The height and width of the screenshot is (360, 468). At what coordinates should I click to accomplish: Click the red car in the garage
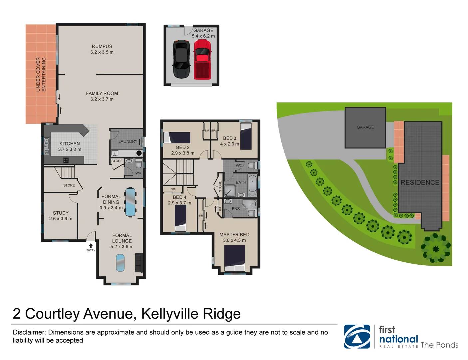(202, 59)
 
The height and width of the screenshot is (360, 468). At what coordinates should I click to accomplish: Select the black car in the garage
(181, 59)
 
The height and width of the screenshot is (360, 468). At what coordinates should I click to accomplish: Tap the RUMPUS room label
(102, 47)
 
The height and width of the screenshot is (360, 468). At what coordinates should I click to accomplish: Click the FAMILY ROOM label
(102, 94)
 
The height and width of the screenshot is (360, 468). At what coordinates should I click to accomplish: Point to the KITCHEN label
(70, 144)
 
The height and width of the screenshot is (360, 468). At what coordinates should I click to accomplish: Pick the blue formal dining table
(130, 202)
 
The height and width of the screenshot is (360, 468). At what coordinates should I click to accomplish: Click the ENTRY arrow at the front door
(91, 246)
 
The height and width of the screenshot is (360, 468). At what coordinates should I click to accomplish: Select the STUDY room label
(61, 213)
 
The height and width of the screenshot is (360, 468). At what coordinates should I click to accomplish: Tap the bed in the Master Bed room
(234, 258)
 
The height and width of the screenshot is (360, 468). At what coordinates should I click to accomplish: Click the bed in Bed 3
(246, 136)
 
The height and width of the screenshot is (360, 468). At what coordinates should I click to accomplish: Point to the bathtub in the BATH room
(252, 185)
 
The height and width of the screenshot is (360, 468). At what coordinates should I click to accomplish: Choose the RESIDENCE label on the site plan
(420, 183)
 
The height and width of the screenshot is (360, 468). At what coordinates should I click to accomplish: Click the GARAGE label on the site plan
(365, 127)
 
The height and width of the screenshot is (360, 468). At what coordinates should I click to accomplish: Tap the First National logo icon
(357, 337)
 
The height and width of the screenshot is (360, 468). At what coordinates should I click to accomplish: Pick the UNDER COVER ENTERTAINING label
(41, 74)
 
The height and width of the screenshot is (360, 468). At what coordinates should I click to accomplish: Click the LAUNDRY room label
(128, 141)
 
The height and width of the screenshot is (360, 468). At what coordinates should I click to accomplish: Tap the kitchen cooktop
(66, 160)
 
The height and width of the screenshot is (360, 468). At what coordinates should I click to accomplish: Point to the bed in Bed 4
(180, 218)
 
